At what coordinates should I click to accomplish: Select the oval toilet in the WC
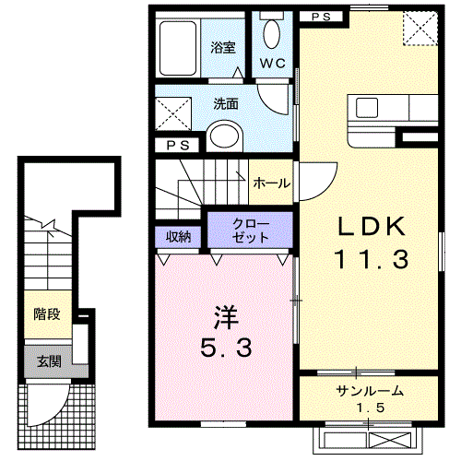(272, 34)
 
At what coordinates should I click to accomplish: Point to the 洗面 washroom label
(226, 105)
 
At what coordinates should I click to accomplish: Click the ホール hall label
(271, 183)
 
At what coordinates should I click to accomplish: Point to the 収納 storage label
(178, 236)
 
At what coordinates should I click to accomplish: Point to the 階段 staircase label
(47, 314)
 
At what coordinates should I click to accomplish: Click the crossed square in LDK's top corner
(420, 30)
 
